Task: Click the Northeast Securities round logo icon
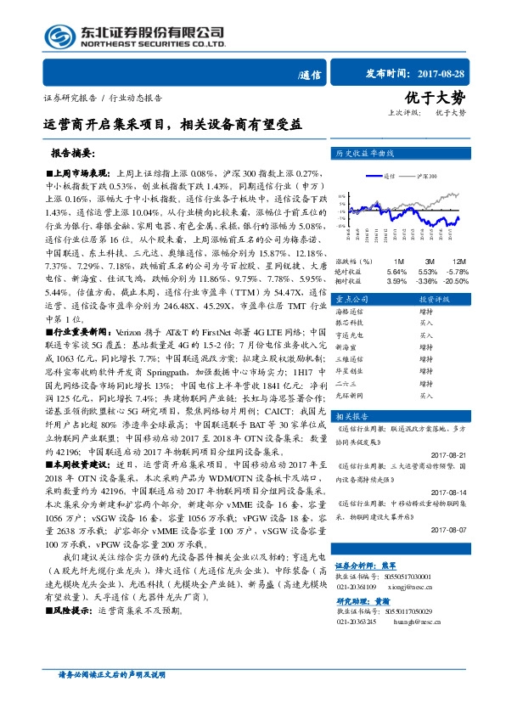59,35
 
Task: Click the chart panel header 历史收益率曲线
366,155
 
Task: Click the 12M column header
458,261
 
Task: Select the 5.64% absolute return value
396,270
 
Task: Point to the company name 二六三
346,383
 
